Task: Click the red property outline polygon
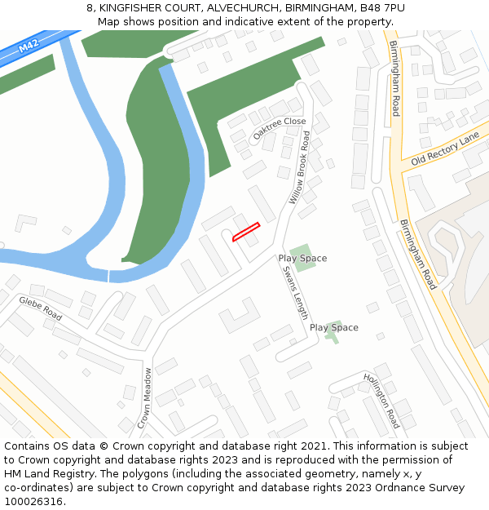(x=246, y=232)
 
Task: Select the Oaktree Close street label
(x=280, y=128)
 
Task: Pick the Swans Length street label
(x=295, y=295)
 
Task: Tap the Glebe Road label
(x=41, y=308)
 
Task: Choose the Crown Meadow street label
(x=145, y=398)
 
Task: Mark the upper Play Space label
(x=302, y=259)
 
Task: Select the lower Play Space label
(x=333, y=328)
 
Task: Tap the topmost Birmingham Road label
(x=395, y=78)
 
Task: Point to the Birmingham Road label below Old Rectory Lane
(x=418, y=254)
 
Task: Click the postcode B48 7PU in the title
(x=382, y=8)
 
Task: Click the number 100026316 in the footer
(x=33, y=502)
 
